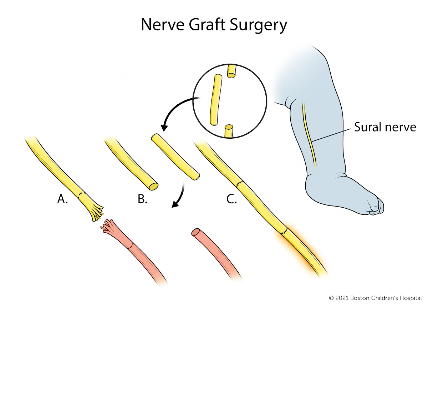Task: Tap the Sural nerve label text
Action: pyautogui.click(x=385, y=127)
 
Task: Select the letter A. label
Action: pyautogui.click(x=62, y=199)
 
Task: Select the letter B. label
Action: pyautogui.click(x=143, y=199)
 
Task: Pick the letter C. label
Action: pyautogui.click(x=232, y=199)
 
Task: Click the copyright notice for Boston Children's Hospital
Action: pyautogui.click(x=375, y=298)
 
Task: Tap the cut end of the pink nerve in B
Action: pyautogui.click(x=195, y=232)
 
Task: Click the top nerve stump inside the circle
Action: pyautogui.click(x=231, y=71)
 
